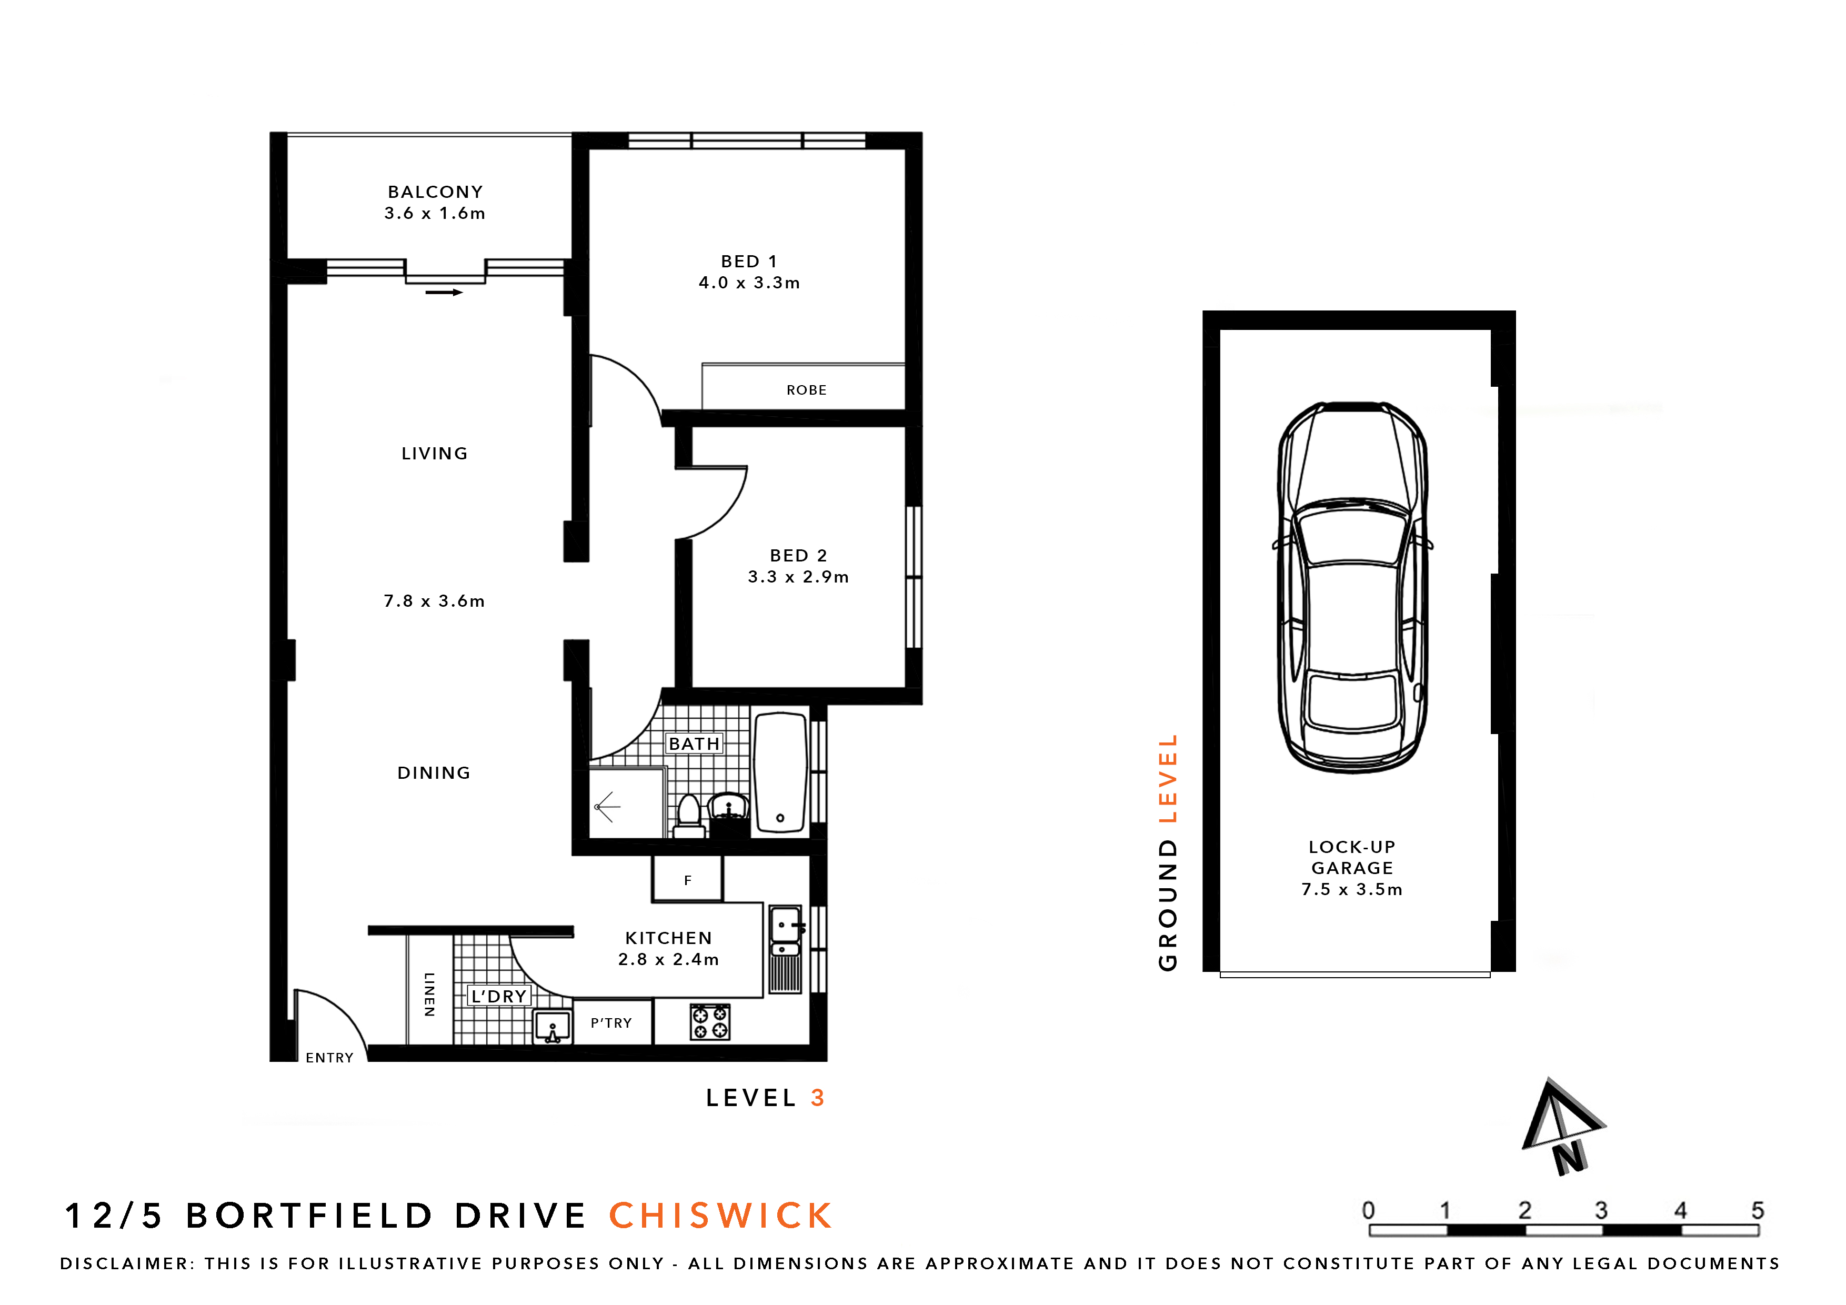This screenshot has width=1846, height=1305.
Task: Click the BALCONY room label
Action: pos(435,192)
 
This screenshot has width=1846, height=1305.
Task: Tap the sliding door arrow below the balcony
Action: pos(444,293)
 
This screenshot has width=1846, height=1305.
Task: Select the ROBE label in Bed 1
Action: pos(806,390)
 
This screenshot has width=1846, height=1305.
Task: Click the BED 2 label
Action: pos(798,556)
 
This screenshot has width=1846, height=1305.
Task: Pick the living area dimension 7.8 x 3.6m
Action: pos(434,601)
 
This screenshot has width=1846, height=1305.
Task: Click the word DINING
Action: pos(434,772)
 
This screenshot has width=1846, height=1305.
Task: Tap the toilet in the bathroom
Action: pos(689,815)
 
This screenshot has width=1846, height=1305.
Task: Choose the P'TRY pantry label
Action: pos(611,1023)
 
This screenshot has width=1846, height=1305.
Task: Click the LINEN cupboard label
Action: pos(429,995)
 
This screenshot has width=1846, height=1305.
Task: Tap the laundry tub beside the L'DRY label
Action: pos(553,1027)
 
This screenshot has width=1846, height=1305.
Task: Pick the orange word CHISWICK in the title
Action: pos(720,1216)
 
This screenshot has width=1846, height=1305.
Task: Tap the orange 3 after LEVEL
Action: pos(818,1098)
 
